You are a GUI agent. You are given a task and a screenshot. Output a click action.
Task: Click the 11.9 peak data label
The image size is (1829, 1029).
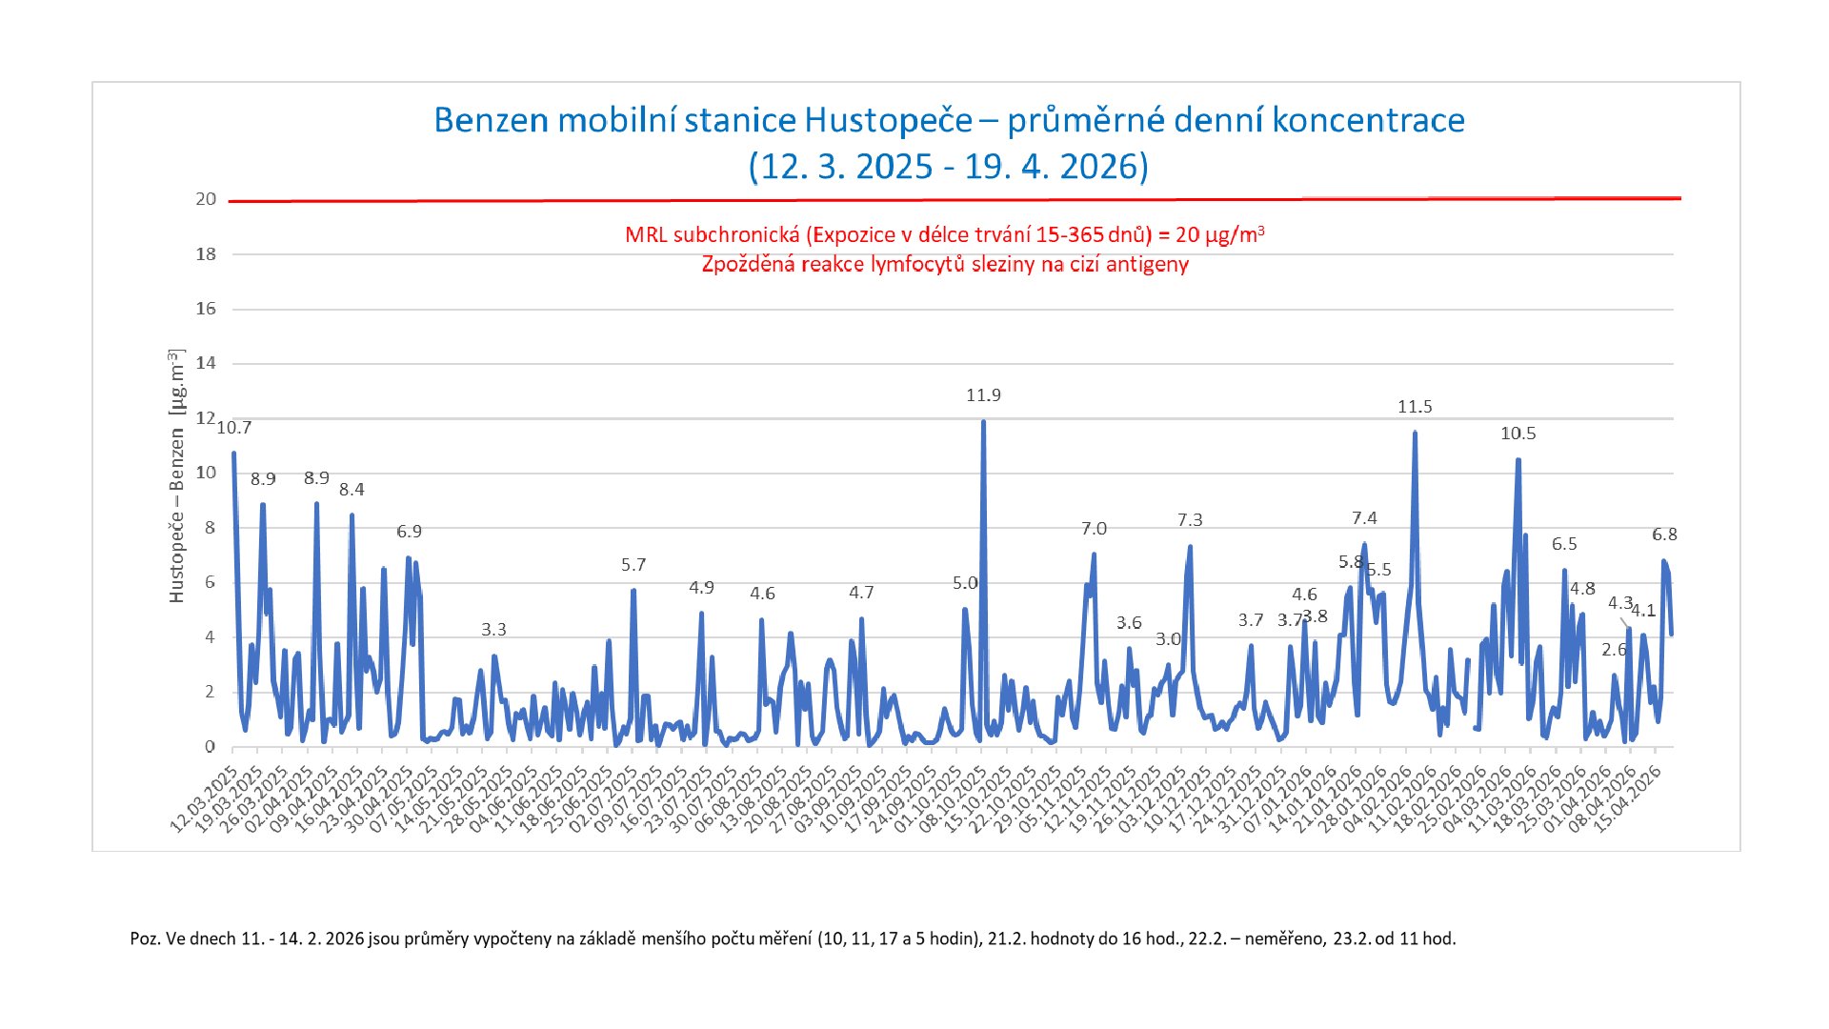coord(983,395)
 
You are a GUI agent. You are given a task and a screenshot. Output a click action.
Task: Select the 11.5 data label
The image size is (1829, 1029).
coord(1415,407)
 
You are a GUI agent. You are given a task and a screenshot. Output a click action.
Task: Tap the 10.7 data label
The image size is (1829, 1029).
coord(234,428)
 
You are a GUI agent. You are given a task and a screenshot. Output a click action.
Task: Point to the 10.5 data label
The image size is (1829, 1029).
coord(1517,434)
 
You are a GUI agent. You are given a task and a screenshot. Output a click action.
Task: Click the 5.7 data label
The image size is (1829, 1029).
coord(633,565)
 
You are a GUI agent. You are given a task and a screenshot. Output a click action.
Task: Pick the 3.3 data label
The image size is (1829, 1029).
coord(493,630)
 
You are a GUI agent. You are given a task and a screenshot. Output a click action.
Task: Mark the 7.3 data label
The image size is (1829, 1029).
coord(1190,520)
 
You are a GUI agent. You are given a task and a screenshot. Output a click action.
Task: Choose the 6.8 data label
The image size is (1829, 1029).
coord(1664,535)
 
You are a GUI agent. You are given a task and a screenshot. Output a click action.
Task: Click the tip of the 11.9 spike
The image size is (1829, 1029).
coord(983,422)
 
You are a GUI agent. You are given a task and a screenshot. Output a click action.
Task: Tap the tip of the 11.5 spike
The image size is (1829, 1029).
coord(1415,434)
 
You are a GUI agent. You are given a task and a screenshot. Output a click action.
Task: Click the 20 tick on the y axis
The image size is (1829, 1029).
coord(206,199)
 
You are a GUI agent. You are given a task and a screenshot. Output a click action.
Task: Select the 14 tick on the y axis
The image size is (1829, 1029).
coord(206,363)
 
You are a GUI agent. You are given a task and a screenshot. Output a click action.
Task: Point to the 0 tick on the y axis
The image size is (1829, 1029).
coord(210,747)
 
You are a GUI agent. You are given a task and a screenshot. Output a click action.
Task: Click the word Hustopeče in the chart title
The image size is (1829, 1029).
coord(888,121)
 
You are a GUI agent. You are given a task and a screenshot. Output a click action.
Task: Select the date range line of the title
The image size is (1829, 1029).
coord(948,167)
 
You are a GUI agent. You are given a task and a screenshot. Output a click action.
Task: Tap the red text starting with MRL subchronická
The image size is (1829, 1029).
coord(944,235)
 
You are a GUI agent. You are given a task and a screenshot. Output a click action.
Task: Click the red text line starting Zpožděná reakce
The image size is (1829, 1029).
coord(944,265)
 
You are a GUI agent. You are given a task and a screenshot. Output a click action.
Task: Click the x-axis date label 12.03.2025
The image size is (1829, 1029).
coord(204,800)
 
